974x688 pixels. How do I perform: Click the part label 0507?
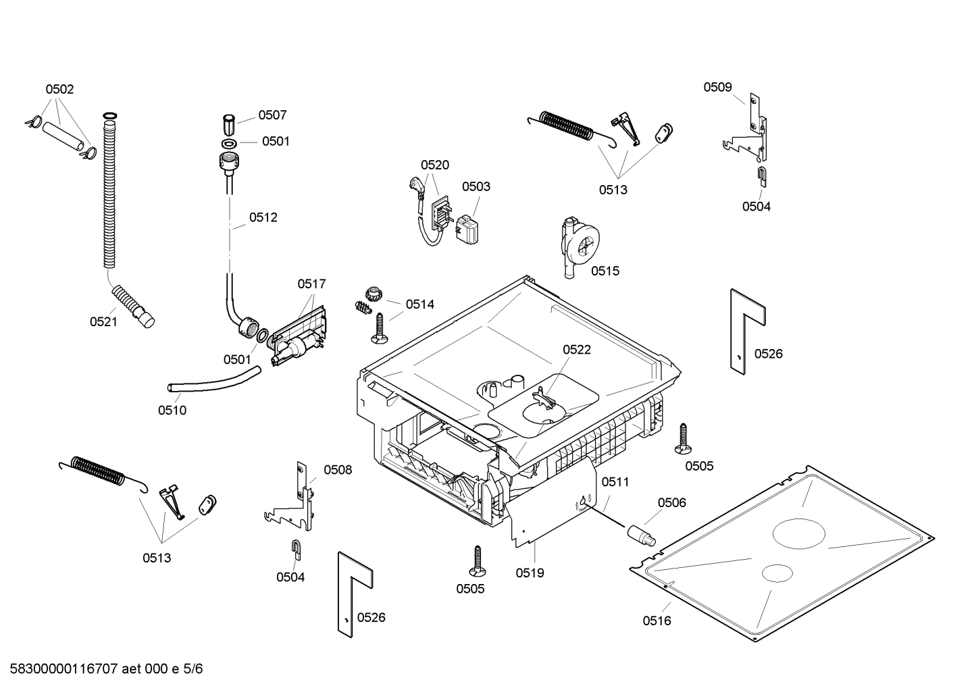(x=272, y=115)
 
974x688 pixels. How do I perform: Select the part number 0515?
(x=605, y=271)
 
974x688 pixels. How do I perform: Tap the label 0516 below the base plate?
(x=657, y=620)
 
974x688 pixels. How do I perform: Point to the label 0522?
(x=576, y=349)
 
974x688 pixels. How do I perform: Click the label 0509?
(x=717, y=87)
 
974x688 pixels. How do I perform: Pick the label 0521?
(x=103, y=322)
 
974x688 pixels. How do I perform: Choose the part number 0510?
(x=172, y=410)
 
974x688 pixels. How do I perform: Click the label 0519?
(x=530, y=573)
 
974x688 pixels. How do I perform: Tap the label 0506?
(x=671, y=502)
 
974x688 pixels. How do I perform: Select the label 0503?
(x=476, y=186)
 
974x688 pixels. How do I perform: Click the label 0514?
(x=419, y=305)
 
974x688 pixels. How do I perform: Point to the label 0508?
(x=338, y=470)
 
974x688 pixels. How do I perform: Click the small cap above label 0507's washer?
(x=228, y=125)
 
